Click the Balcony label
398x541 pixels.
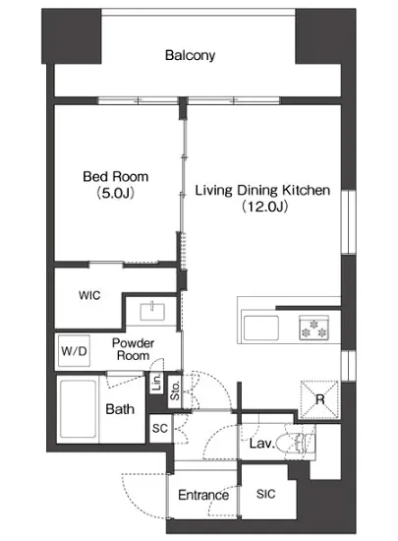coord(190,55)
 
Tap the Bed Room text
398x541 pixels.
coord(116,177)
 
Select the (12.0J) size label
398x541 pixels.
coord(264,207)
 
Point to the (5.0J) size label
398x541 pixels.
coord(115,193)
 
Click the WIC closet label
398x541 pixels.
coord(89,295)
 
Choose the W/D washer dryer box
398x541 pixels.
coord(74,351)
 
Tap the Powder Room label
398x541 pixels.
coord(133,349)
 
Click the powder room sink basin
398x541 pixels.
coord(152,311)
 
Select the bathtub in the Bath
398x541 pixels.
coord(78,408)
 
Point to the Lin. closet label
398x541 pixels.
coord(156,383)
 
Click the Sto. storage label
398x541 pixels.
coord(175,391)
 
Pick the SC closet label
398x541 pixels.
coord(160,428)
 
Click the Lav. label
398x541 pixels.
coord(261,443)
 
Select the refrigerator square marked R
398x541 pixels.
coord(319,399)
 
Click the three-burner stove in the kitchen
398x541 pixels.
coord(313,328)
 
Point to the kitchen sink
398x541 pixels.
coord(261,328)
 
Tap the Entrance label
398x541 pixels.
coord(203,495)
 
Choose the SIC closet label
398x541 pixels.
coord(265,494)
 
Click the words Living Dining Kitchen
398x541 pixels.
coord(262,190)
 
